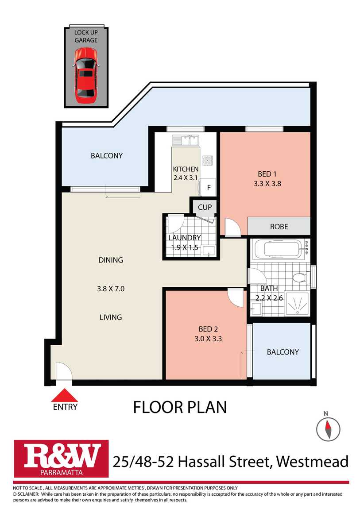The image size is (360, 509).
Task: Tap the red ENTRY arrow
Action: pos(65,395)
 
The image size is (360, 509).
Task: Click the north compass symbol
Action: pos(328,429)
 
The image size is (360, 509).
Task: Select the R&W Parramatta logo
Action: pos(61,459)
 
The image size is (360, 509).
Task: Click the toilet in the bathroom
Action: pos(301,278)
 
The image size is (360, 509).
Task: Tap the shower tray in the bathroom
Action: pos(297,304)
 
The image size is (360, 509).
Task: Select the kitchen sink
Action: pos(186,141)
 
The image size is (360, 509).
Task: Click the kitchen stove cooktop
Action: pos(207,161)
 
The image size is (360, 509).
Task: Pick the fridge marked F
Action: pos(208,187)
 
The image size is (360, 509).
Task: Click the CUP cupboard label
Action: pos(205,207)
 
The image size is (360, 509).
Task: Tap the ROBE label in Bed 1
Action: pos(279,227)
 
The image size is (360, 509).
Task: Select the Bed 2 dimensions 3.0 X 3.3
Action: pos(208,339)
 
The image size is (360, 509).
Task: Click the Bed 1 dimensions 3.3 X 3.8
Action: pos(267,183)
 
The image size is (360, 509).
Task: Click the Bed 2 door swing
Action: pos(235,297)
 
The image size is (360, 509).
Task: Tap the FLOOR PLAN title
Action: pos(180,407)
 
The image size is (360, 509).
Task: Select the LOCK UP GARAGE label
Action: pos(86,36)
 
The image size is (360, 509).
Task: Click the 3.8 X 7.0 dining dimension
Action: pos(111,289)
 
